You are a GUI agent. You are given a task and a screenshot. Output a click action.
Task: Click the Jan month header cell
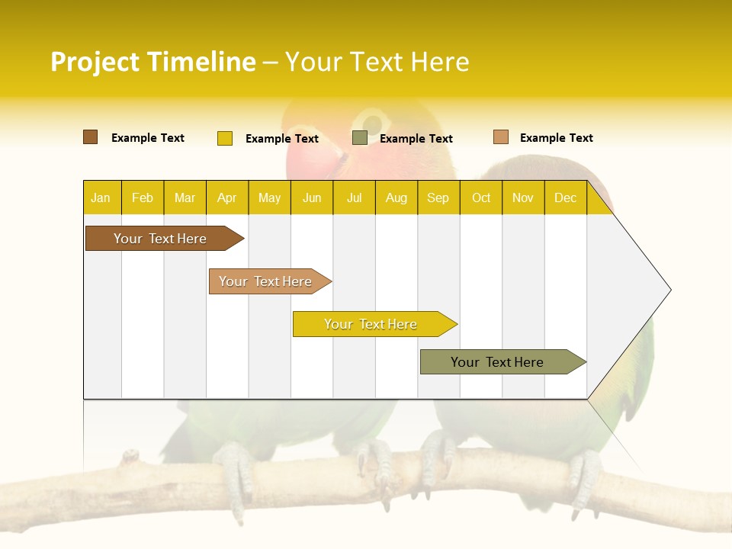click(x=101, y=197)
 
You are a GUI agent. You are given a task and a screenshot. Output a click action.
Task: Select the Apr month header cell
click(x=227, y=197)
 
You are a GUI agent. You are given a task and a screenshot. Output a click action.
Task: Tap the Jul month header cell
click(x=354, y=197)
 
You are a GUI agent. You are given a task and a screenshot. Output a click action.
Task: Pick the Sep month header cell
click(x=438, y=197)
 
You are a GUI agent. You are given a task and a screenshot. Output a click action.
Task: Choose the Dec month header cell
click(x=565, y=197)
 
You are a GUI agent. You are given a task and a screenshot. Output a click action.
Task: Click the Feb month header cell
click(x=143, y=197)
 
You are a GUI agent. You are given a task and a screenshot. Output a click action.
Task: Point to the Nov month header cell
click(x=523, y=197)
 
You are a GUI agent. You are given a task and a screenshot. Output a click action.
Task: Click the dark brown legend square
click(x=90, y=137)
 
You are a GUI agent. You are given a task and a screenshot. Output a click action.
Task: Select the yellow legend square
click(x=225, y=138)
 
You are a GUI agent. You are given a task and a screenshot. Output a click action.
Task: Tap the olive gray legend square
click(x=360, y=138)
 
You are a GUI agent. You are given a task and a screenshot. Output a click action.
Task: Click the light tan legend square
click(x=500, y=137)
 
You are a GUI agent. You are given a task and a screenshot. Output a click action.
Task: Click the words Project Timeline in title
click(x=152, y=62)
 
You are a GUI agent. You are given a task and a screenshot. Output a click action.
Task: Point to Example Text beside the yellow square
click(x=282, y=139)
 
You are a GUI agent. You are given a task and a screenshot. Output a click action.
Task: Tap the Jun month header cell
click(x=312, y=197)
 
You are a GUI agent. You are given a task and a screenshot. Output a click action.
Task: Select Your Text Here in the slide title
click(x=377, y=62)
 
